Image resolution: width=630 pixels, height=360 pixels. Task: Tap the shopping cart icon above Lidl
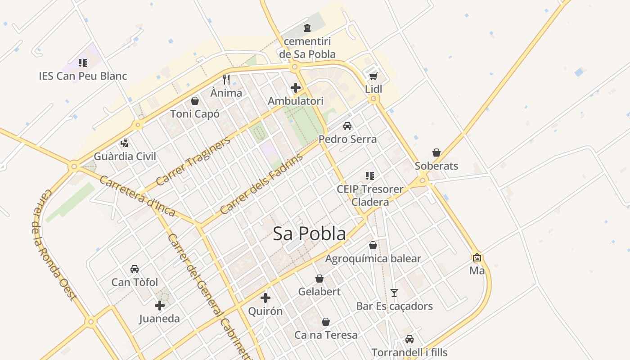(373, 76)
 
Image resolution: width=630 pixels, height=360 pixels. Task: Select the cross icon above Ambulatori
(296, 88)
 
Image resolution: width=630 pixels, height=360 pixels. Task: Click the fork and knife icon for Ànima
(226, 80)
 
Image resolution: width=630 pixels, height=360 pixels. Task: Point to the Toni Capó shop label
(195, 114)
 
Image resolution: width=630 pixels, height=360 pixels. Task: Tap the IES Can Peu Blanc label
(83, 76)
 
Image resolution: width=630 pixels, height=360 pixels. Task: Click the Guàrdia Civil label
(125, 157)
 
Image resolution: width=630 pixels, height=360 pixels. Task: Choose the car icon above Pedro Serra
(347, 126)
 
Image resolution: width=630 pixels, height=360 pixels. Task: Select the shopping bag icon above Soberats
(436, 153)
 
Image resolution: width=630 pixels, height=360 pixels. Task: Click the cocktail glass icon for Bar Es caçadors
(394, 293)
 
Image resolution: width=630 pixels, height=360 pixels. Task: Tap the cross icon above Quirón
(265, 298)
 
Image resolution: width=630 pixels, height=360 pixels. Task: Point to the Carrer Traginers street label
(193, 161)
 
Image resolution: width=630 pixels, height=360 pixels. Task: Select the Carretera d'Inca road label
(137, 196)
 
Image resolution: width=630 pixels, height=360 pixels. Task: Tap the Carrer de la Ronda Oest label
(54, 245)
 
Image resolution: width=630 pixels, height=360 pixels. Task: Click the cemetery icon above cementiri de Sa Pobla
(307, 28)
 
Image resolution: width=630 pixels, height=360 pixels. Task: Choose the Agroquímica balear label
(373, 259)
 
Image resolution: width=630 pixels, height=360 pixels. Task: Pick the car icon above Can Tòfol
(135, 269)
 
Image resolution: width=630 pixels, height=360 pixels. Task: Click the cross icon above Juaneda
(159, 306)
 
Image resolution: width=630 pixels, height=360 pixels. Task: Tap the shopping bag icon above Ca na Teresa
(326, 322)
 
